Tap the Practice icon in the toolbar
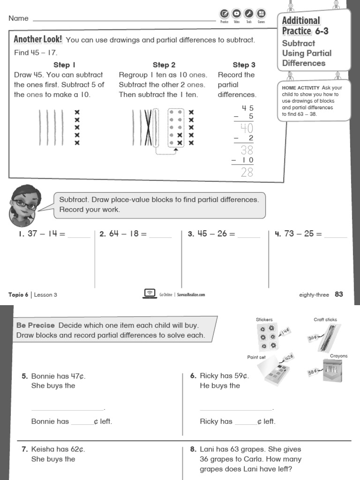[224, 14]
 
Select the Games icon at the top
[261, 14]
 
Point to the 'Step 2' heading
[164, 65]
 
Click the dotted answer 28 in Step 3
[247, 172]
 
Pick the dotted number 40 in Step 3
[247, 128]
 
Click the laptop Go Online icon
[150, 293]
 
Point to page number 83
[339, 294]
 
